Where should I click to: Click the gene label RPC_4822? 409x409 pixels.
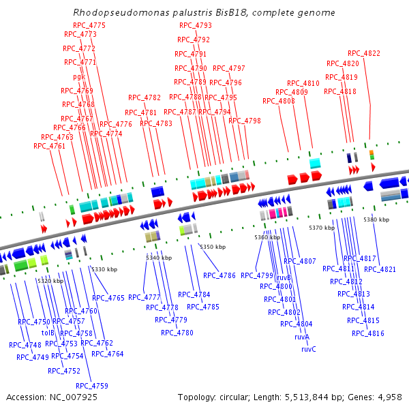[364, 53]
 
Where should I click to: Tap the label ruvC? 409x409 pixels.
[308, 349]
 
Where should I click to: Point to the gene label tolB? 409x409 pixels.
[48, 333]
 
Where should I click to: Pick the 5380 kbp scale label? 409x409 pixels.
[376, 219]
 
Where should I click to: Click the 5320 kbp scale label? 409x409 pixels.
[50, 281]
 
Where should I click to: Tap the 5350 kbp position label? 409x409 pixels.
[211, 246]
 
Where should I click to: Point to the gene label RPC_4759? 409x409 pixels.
[91, 386]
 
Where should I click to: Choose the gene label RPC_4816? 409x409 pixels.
[368, 333]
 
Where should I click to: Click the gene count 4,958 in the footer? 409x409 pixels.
[390, 397]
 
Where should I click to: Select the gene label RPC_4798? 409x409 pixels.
[245, 121]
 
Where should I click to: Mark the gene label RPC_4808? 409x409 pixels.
[279, 101]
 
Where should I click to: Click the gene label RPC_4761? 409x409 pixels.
[49, 146]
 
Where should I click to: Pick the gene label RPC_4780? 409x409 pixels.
[177, 333]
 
